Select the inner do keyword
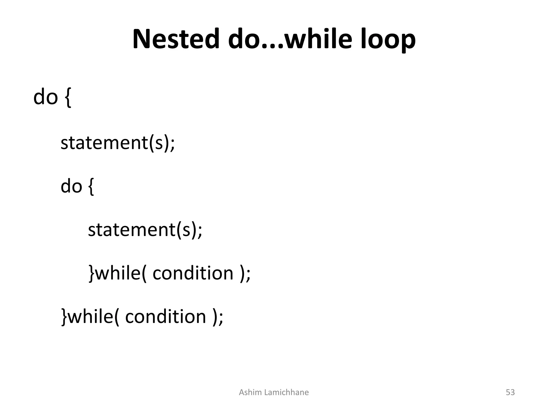click(x=71, y=186)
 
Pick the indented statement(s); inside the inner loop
click(x=145, y=230)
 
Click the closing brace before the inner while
click(x=92, y=273)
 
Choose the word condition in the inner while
click(x=193, y=273)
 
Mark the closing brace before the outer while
click(x=64, y=317)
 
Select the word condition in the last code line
click(x=166, y=317)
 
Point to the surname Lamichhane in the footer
click(x=286, y=392)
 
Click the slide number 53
click(x=510, y=392)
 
